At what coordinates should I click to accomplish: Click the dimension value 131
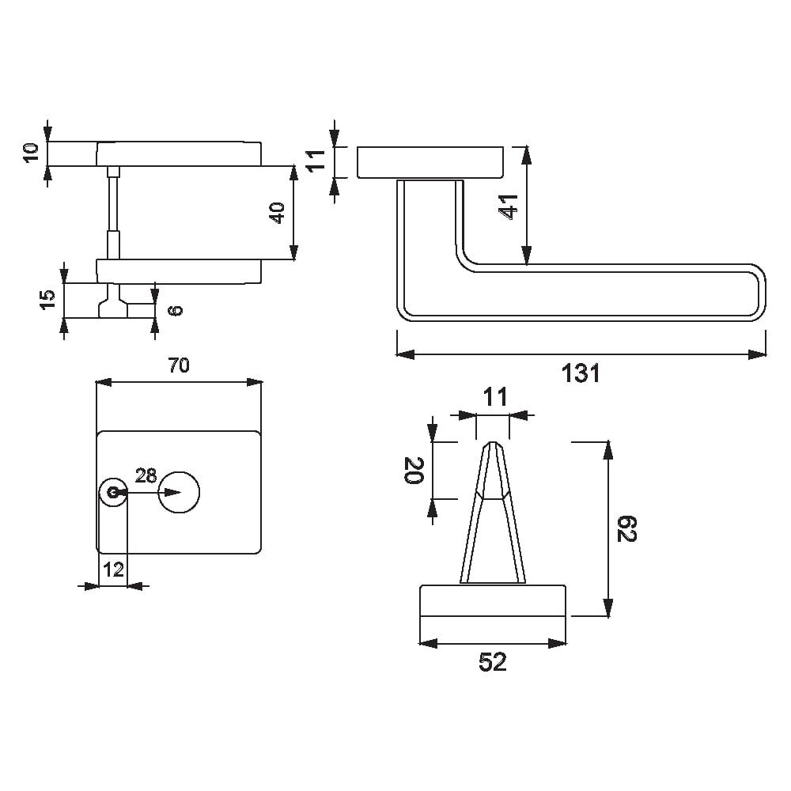click(581, 374)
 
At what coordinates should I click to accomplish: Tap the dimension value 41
click(509, 206)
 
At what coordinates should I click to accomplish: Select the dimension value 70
click(179, 365)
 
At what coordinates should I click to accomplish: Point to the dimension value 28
click(146, 475)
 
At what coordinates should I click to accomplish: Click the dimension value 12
click(113, 570)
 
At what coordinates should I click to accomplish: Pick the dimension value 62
click(627, 528)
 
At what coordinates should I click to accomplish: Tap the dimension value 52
click(492, 662)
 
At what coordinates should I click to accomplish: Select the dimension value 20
click(414, 470)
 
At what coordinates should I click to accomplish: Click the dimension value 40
click(278, 212)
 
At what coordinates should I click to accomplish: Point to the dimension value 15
click(47, 300)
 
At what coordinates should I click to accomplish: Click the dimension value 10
click(32, 153)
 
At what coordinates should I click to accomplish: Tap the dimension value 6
click(176, 310)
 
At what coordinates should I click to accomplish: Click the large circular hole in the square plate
click(179, 492)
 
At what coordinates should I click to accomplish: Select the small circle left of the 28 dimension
click(113, 492)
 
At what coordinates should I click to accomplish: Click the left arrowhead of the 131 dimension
click(405, 354)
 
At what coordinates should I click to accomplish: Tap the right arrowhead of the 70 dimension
click(254, 382)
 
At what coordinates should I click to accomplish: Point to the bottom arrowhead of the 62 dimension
click(608, 607)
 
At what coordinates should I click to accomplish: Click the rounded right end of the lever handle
click(765, 292)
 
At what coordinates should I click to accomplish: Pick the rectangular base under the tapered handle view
click(493, 600)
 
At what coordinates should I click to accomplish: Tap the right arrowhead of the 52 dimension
click(558, 644)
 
